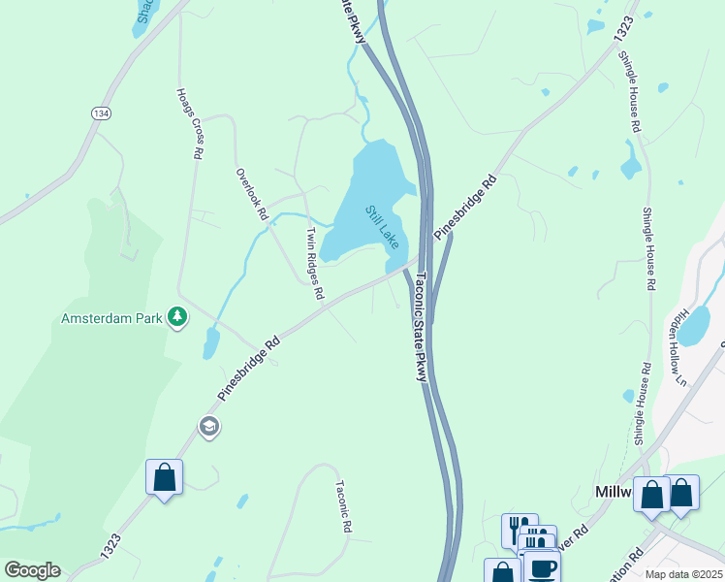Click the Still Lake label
[383, 226]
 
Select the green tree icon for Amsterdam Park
[176, 317]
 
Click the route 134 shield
[100, 113]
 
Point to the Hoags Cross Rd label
[189, 123]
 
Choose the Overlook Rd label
[251, 193]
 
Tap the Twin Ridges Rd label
[314, 263]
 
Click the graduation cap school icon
[207, 426]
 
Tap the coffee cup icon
[542, 567]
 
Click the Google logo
[32, 570]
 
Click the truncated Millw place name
[612, 493]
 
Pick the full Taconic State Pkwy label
[420, 325]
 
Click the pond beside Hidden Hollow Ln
[694, 328]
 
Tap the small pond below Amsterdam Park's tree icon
[211, 342]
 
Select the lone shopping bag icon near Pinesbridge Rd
[164, 477]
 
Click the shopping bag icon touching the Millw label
[651, 494]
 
